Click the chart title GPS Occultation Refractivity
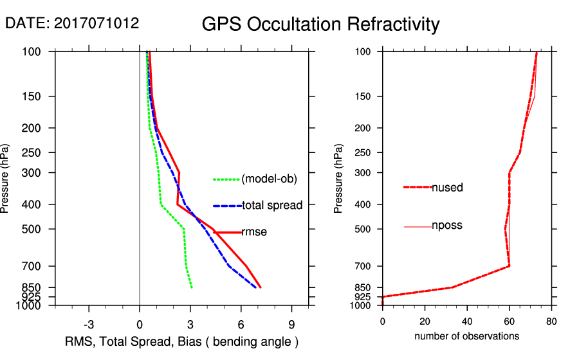tap(320, 24)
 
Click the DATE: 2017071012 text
tap(72, 24)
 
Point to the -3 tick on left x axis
tap(89, 323)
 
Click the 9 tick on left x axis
tap(292, 323)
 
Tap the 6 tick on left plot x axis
tap(241, 323)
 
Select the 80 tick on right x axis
tap(551, 321)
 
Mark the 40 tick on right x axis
tap(467, 321)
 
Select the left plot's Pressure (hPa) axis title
tap(6, 178)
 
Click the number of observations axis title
tap(466, 336)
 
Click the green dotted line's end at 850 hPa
tap(192, 287)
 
